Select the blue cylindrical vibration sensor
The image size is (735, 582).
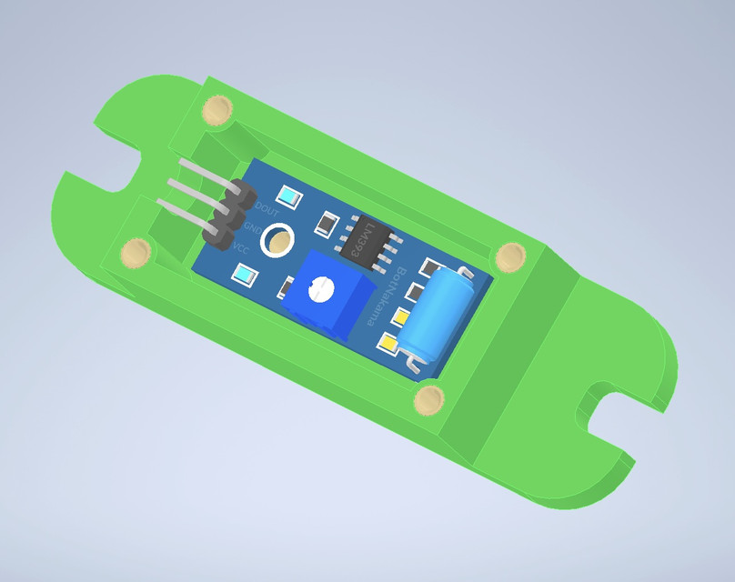[x=435, y=311]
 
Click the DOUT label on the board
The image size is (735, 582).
[x=267, y=208]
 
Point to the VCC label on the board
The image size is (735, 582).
[x=241, y=247]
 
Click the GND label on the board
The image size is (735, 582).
[x=254, y=227]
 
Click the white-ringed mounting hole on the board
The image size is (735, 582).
[x=277, y=241]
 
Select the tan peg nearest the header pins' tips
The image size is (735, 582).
[x=137, y=252]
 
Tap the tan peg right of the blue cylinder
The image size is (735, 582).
[x=511, y=256]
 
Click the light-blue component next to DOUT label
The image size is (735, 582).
[x=289, y=196]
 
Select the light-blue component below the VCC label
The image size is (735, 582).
[x=244, y=274]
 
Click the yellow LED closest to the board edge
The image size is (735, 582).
[x=387, y=344]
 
